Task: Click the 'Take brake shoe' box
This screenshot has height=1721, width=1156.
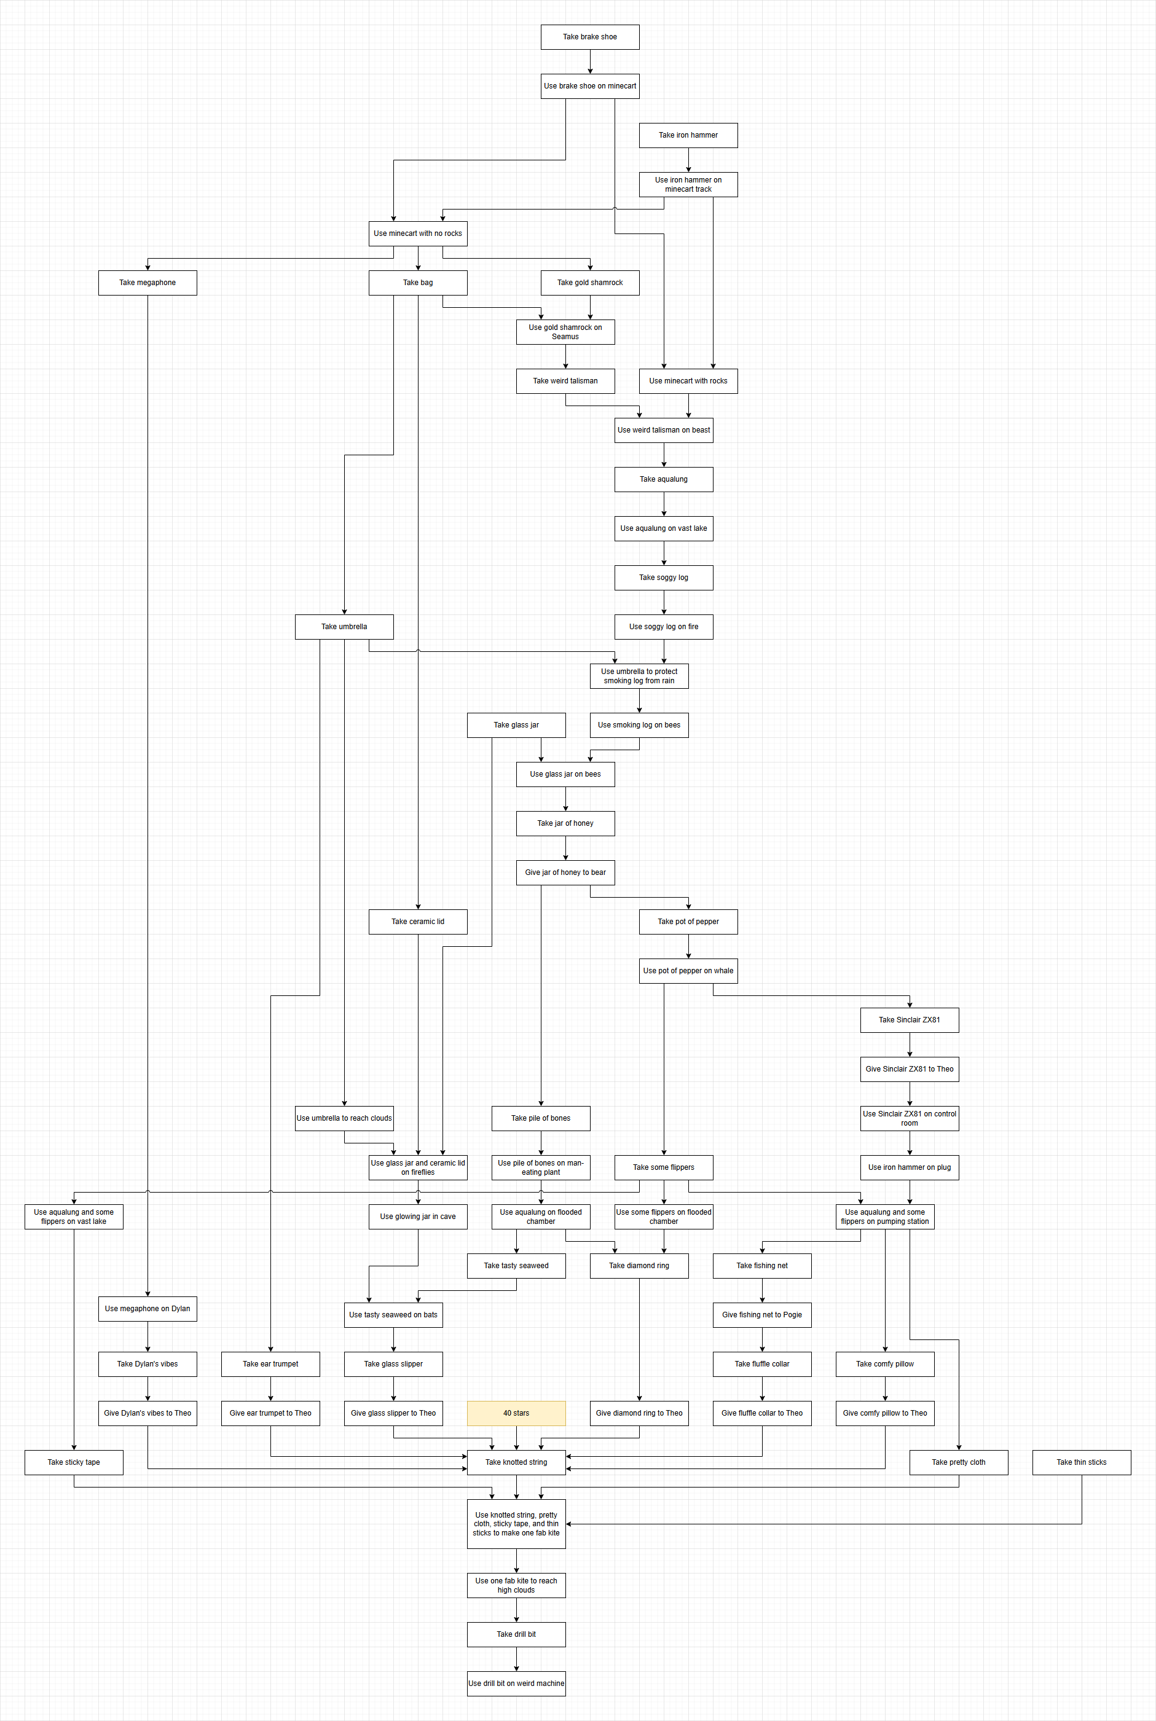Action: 590,37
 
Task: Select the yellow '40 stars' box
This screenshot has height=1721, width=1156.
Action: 516,1413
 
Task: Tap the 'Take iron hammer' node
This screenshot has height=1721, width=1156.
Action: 688,135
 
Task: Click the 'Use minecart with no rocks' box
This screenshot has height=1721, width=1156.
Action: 417,233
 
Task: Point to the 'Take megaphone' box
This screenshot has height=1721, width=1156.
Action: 147,282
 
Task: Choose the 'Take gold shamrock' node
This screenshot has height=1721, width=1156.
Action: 590,282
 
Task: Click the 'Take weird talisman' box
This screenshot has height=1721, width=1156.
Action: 565,381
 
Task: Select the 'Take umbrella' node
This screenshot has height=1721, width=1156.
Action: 344,627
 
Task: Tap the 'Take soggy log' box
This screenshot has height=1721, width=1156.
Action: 664,578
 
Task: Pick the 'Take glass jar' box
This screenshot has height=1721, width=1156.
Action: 516,725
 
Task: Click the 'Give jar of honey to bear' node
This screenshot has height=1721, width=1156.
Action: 565,872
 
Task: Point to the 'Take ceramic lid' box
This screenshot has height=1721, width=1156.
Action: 417,921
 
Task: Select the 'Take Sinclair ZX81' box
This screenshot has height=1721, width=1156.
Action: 909,1020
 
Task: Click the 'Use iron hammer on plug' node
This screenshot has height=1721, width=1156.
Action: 909,1167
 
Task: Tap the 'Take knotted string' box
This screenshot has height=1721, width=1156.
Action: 516,1462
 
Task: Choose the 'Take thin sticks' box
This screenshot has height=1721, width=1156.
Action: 1081,1462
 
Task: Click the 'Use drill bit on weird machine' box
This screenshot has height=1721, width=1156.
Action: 516,1684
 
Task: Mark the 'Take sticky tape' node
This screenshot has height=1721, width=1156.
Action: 74,1462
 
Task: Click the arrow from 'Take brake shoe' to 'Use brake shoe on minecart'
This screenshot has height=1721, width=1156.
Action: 590,62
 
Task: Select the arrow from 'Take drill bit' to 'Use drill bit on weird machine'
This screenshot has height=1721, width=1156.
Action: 516,1658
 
